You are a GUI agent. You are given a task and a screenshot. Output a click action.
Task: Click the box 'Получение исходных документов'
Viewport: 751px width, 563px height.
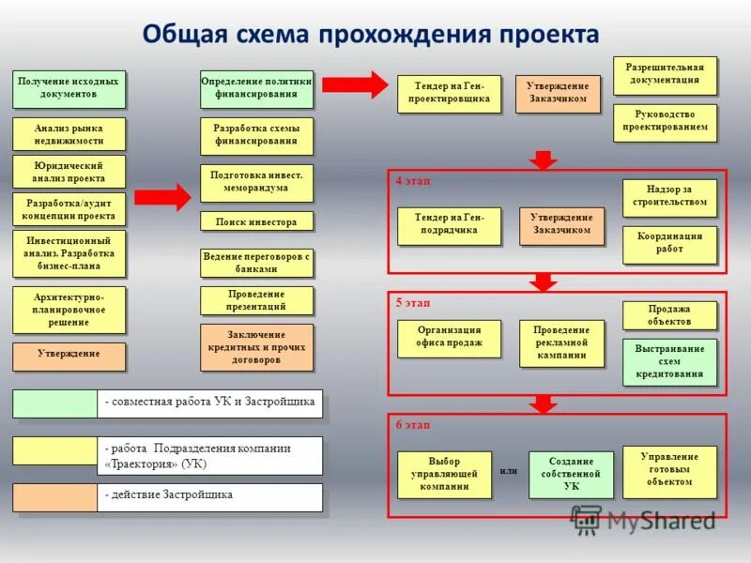pos(69,89)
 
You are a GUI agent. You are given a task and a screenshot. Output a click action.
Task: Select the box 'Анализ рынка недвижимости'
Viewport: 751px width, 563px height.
pos(69,134)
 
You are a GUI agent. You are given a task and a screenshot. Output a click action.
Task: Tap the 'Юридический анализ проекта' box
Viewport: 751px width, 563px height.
pos(69,172)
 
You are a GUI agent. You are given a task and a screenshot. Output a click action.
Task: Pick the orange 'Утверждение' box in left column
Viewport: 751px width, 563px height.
pos(69,356)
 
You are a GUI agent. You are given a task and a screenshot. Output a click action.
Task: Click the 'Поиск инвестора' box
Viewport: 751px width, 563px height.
pos(256,221)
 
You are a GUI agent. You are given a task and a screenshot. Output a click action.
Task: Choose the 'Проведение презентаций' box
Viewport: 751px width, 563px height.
pos(256,300)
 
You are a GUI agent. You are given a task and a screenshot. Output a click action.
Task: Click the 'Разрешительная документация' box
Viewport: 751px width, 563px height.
pos(665,75)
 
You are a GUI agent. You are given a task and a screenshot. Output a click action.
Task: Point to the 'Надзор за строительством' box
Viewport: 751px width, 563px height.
pos(669,197)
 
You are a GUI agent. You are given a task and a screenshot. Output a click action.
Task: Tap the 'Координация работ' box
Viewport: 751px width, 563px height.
pos(669,244)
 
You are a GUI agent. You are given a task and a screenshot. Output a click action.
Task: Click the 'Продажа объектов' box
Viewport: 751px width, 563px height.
pos(669,315)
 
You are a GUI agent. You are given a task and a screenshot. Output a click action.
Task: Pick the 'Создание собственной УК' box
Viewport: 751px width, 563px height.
pos(571,474)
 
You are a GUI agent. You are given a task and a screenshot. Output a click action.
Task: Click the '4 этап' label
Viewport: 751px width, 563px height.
pos(413,180)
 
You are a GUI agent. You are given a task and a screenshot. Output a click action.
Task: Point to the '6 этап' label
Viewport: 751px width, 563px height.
pos(413,424)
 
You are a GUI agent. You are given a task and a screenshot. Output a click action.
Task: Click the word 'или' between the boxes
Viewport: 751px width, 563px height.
pos(509,470)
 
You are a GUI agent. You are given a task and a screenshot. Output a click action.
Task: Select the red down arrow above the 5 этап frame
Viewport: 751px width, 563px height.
pos(543,281)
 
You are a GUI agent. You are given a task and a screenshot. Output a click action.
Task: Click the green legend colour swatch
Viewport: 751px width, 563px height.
pos(54,403)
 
